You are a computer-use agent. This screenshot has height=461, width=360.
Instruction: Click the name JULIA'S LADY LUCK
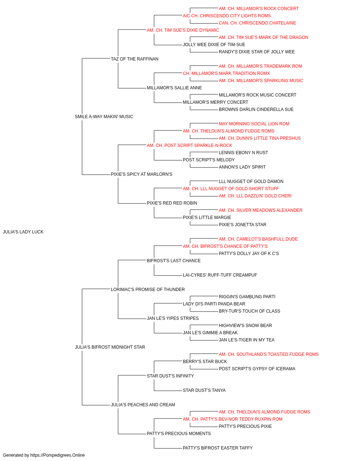tap(23, 232)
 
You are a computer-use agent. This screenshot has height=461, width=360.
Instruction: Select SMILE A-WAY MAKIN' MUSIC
tap(104, 117)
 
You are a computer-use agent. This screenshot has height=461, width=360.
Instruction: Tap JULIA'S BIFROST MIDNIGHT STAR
tap(110, 347)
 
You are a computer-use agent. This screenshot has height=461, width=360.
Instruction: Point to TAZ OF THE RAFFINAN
tap(135, 59)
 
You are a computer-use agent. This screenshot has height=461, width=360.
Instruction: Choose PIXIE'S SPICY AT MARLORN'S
tap(141, 174)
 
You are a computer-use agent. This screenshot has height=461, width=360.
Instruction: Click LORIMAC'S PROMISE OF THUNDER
tap(148, 289)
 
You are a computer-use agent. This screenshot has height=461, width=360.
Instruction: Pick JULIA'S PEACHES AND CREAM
tap(143, 404)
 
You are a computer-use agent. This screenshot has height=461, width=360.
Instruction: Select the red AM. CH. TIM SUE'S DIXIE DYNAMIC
tap(183, 30)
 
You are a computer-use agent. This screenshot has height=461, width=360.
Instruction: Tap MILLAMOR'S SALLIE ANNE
tap(174, 88)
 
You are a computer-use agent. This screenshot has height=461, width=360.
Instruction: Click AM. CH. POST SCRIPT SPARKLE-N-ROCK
tap(190, 145)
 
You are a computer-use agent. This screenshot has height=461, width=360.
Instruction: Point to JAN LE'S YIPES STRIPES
tap(173, 318)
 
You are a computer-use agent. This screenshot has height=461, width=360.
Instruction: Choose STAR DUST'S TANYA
tap(204, 390)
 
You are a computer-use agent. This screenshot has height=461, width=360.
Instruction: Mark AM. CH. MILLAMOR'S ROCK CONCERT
tap(258, 9)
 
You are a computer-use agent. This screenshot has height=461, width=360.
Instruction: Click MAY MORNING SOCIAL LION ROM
tap(254, 124)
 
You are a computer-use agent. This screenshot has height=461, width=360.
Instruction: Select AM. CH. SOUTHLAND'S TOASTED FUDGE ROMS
tap(269, 354)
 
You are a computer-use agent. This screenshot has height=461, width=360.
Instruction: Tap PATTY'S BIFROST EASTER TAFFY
tap(218, 448)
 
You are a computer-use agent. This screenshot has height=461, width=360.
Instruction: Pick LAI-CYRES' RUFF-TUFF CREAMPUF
tap(220, 275)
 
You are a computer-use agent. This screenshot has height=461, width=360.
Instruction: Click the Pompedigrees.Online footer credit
tap(44, 455)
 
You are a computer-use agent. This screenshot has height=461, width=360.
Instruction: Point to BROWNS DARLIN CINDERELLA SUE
tap(256, 109)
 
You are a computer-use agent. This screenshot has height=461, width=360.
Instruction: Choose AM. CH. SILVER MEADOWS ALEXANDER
tap(261, 210)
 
